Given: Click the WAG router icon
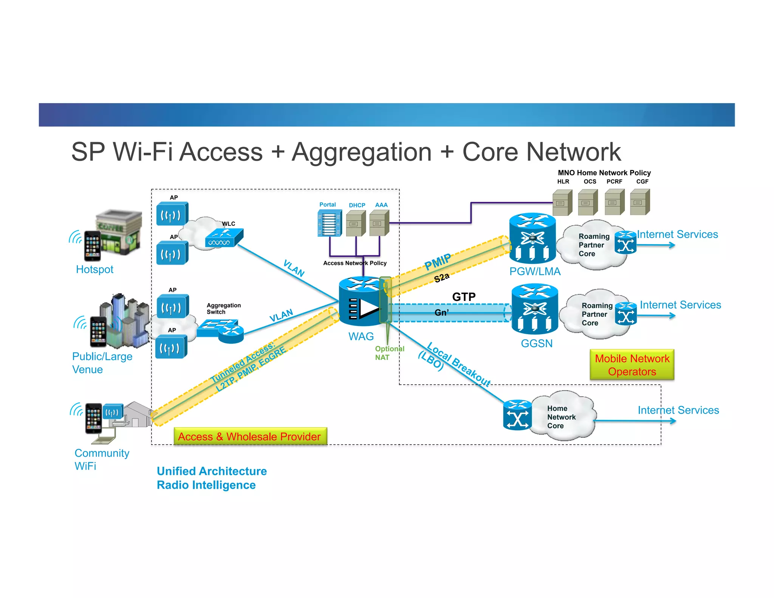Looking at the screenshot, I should coord(361,302).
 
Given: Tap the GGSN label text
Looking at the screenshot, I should coord(536,343).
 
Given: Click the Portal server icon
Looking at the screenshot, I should coord(329,223).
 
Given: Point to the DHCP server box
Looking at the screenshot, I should coord(356,223).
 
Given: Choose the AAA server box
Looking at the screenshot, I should coord(379,223).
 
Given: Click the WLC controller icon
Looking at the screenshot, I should coord(224,238).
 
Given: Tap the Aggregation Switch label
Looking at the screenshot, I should coord(223,308).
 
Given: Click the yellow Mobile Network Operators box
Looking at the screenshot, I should coord(632,365).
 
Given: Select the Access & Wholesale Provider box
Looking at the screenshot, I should coord(250,437).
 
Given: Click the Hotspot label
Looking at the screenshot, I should coord(94,270).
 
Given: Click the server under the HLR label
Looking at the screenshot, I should coord(562,203).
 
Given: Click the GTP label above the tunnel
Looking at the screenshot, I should coord(464,297).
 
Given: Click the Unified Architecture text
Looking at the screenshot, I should coord(212,471).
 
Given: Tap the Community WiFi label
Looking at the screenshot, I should coord(101,459).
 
